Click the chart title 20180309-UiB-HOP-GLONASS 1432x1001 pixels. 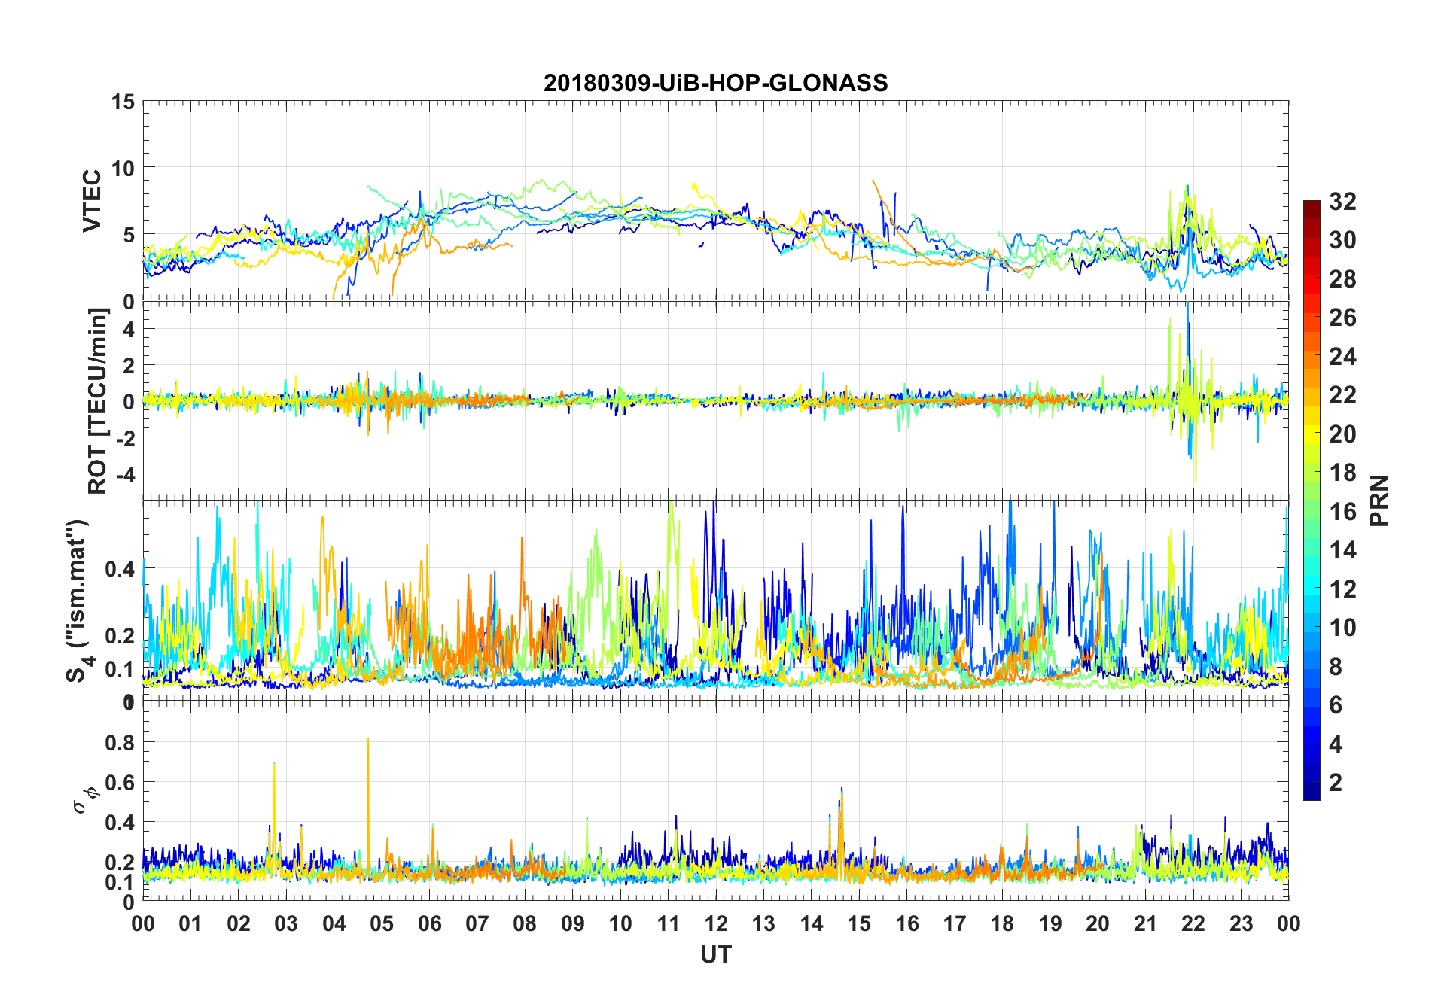point(715,83)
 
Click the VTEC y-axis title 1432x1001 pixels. point(92,201)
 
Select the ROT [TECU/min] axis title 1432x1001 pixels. point(98,400)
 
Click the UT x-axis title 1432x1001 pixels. point(715,954)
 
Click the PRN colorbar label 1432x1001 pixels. point(1379,500)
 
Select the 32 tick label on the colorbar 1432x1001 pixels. point(1342,201)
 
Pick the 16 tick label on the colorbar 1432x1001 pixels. point(1342,512)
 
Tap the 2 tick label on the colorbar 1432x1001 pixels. point(1336,783)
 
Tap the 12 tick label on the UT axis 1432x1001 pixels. point(716,923)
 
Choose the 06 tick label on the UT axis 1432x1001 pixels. point(429,923)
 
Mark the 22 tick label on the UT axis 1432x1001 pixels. point(1193,923)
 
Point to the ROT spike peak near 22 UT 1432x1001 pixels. point(1187,304)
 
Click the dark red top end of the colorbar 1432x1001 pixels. point(1312,204)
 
